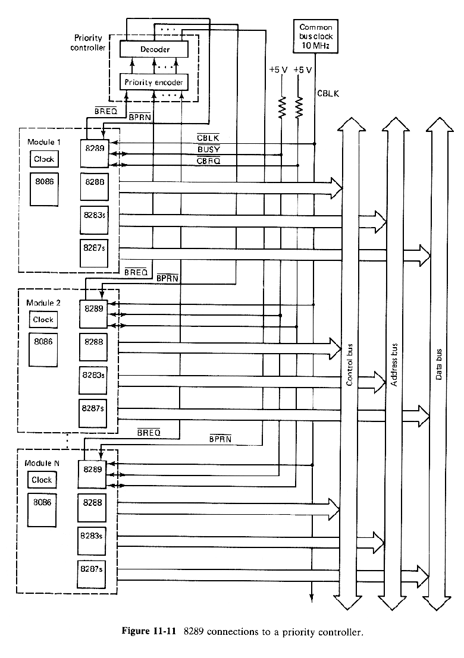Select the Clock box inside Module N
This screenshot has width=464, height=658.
[x=42, y=480]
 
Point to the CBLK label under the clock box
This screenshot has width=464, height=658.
[x=327, y=93]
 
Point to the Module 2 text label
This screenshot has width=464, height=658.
[x=43, y=303]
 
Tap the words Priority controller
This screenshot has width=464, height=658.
[x=88, y=43]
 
